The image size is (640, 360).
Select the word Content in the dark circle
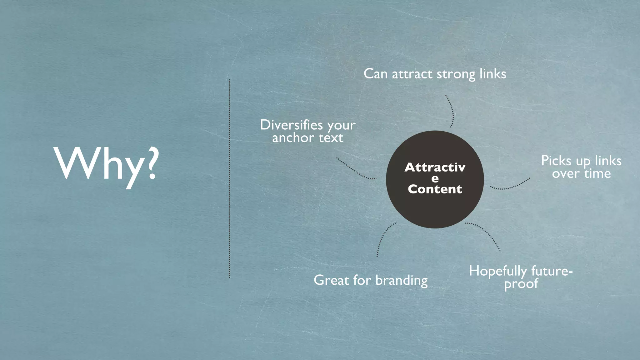click(435, 189)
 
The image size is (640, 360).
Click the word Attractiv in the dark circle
click(435, 167)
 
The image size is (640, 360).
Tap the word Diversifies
click(292, 125)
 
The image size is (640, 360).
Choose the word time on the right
click(597, 174)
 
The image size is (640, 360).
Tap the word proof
click(521, 284)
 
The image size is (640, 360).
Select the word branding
click(401, 280)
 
